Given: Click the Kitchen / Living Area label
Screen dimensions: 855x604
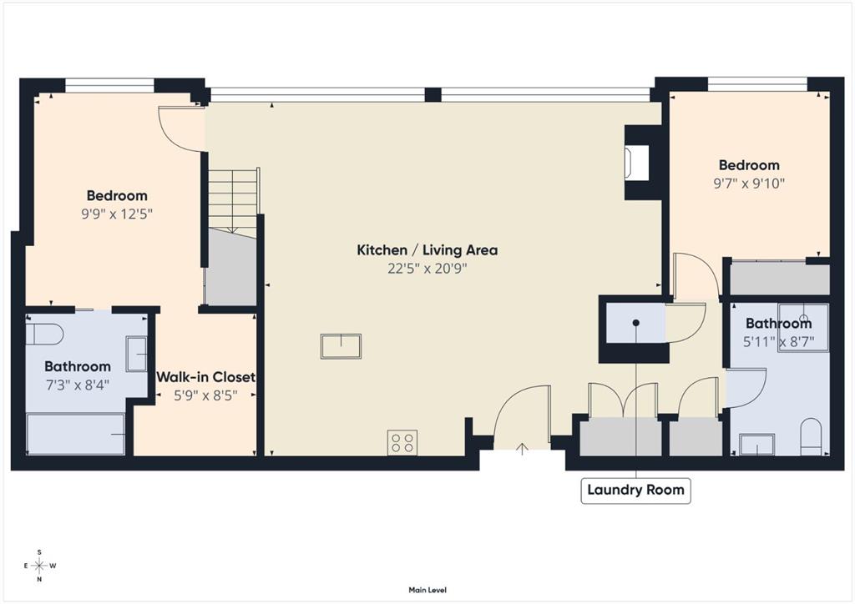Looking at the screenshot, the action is (x=427, y=250).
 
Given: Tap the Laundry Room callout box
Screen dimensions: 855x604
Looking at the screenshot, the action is (x=635, y=491).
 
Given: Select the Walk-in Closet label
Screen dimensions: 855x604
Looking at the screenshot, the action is (x=205, y=377).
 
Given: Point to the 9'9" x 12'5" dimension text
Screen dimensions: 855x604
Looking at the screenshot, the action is (x=117, y=214).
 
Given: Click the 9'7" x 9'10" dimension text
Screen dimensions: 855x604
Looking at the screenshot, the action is (x=749, y=183).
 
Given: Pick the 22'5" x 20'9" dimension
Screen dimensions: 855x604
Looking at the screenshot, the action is (x=427, y=269).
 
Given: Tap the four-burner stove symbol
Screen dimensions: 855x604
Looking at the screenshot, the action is (x=402, y=442).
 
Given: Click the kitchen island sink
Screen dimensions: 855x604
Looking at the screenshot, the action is (x=341, y=346).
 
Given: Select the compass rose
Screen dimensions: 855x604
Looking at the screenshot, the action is (x=40, y=566).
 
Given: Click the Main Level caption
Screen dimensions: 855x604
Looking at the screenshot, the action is (x=427, y=590).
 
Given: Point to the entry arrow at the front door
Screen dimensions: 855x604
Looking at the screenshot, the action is (x=523, y=449).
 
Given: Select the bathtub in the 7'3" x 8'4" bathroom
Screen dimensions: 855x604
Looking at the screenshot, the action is (x=76, y=434).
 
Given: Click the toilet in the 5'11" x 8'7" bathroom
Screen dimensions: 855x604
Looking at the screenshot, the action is (x=812, y=436).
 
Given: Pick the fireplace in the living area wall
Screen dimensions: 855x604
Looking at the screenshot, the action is (x=637, y=162).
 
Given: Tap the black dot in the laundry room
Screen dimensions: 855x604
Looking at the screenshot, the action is (x=635, y=323).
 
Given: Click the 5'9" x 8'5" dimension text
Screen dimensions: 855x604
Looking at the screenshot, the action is (x=205, y=395).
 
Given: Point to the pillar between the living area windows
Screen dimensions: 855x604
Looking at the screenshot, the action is (x=433, y=95).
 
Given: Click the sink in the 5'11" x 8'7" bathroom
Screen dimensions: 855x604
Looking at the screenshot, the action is (x=756, y=444).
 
